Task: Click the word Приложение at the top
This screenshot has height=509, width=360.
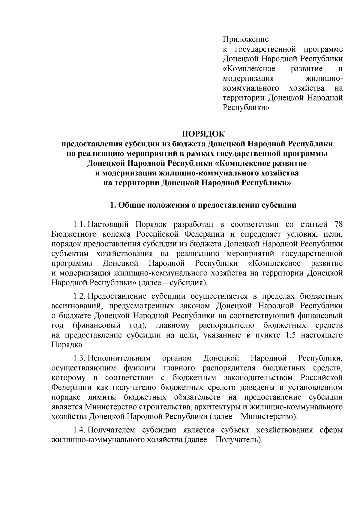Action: [245, 39]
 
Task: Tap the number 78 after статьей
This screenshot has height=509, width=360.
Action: [338, 225]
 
